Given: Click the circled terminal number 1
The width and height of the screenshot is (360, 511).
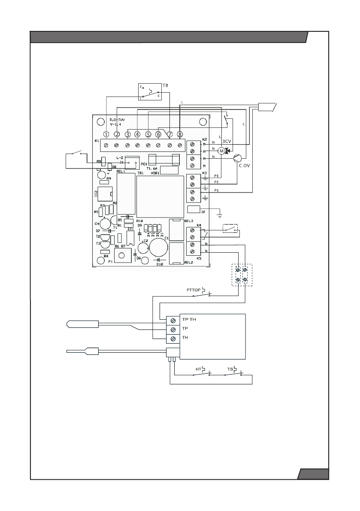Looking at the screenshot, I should [x=106, y=134].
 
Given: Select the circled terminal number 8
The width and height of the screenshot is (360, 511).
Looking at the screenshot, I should [x=180, y=134].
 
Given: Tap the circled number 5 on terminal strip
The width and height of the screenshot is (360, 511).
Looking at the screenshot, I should [x=148, y=134].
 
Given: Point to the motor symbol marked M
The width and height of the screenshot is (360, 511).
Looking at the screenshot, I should [x=221, y=151].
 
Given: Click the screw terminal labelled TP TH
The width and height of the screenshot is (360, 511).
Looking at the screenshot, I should [x=172, y=320].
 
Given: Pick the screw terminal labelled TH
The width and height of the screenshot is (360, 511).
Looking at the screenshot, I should [x=172, y=339].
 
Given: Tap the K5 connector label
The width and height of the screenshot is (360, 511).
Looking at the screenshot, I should [x=199, y=259].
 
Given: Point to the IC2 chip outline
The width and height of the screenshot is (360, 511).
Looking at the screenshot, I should [x=105, y=194].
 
